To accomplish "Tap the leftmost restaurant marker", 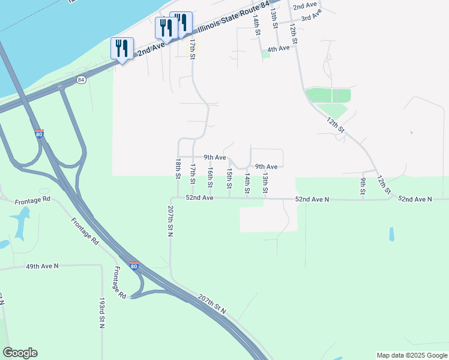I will [x=122, y=49].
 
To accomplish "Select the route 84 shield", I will [x=81, y=79].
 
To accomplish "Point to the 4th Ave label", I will [x=279, y=49].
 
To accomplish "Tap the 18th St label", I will [x=178, y=169].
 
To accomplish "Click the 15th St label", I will [x=229, y=178].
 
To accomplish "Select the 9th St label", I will [x=363, y=185].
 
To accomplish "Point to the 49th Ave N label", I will [x=42, y=265].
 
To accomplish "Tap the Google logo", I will [x=20, y=353].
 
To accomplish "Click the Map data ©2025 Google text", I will [x=412, y=355].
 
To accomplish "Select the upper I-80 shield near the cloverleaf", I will [x=39, y=134].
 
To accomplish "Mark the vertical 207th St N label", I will [x=170, y=221].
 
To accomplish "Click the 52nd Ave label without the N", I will [x=199, y=197].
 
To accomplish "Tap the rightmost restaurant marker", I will [x=181, y=22].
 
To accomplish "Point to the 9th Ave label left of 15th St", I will [x=214, y=157].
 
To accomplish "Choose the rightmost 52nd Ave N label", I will [x=415, y=199].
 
